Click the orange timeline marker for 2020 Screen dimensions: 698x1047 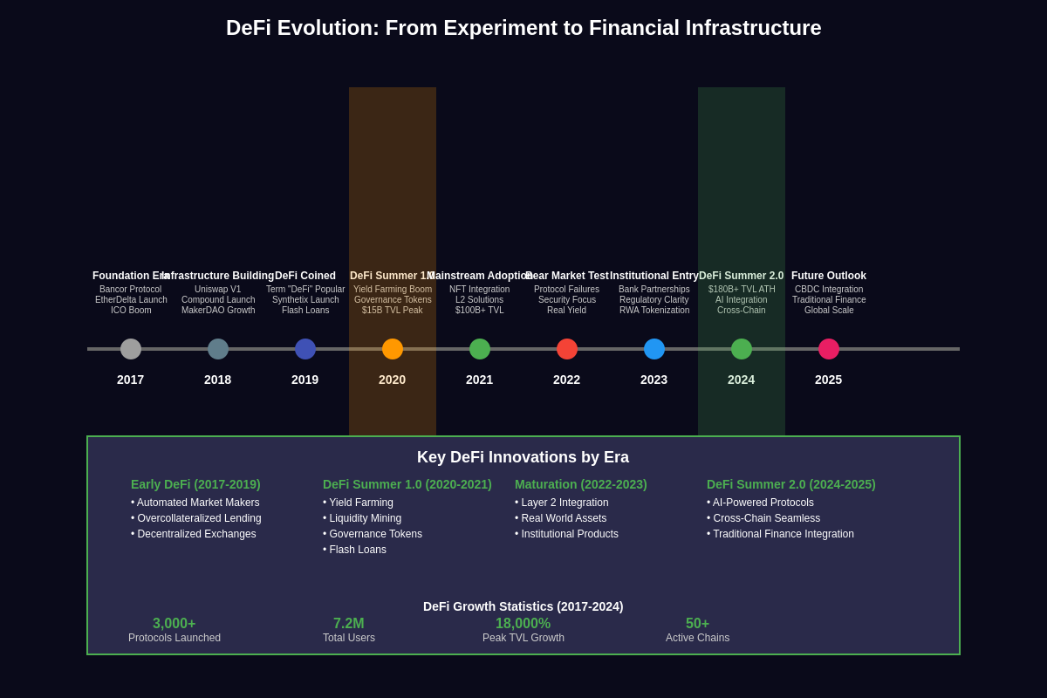point(393,349)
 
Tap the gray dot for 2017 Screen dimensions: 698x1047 point(131,349)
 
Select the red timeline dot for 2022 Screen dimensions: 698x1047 point(567,349)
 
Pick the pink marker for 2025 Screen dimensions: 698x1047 point(829,349)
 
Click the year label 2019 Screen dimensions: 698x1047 point(305,380)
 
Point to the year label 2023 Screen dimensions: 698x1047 point(654,380)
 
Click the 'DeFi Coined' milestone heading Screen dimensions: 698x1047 point(305,276)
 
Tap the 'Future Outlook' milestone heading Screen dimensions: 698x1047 point(829,276)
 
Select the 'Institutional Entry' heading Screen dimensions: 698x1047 point(654,276)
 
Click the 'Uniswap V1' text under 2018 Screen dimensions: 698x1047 point(218,290)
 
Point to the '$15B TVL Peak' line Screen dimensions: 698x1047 point(393,311)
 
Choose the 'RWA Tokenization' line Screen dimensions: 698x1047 point(654,311)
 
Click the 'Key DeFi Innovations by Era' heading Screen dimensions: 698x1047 point(523,457)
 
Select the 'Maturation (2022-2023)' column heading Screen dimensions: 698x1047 point(581,484)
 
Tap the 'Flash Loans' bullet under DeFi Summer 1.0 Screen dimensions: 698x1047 point(355,550)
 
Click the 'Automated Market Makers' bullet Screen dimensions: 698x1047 point(195,503)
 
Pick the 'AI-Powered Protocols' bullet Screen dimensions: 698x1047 point(761,503)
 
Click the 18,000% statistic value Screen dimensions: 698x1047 point(523,624)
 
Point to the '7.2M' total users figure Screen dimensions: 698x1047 point(349,624)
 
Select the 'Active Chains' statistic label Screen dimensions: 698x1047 point(698,638)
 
